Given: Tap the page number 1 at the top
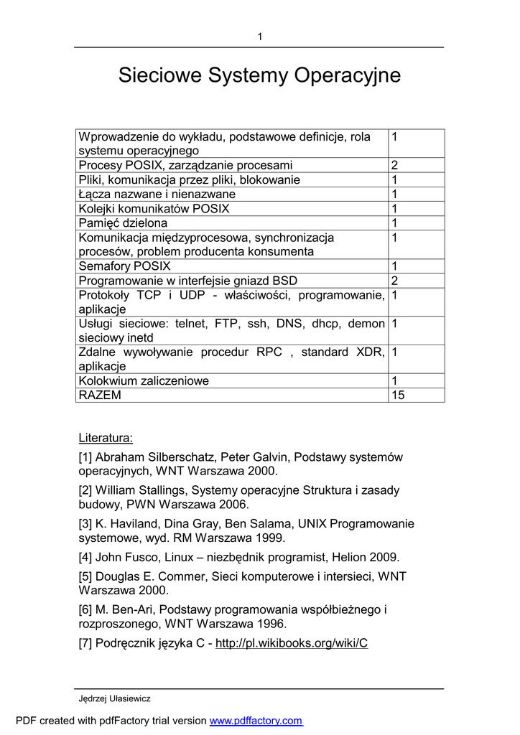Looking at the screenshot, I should [x=260, y=37].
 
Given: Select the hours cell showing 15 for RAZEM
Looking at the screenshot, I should [x=398, y=395].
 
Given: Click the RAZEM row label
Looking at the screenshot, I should [x=100, y=395].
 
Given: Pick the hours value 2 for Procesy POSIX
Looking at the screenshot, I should [x=394, y=166].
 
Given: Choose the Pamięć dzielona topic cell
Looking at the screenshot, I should [x=123, y=223].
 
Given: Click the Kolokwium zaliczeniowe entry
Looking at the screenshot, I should [x=144, y=381].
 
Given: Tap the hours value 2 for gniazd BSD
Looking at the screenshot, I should [x=394, y=281].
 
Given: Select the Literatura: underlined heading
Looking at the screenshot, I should [x=106, y=439].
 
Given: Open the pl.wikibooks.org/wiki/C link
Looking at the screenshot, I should [x=292, y=643].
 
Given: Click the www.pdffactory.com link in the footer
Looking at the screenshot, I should [x=256, y=721].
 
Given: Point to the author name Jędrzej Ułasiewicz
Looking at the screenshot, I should [x=114, y=698].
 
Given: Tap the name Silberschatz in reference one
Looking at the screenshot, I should [x=180, y=457].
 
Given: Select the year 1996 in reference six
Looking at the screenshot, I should [x=271, y=624].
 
